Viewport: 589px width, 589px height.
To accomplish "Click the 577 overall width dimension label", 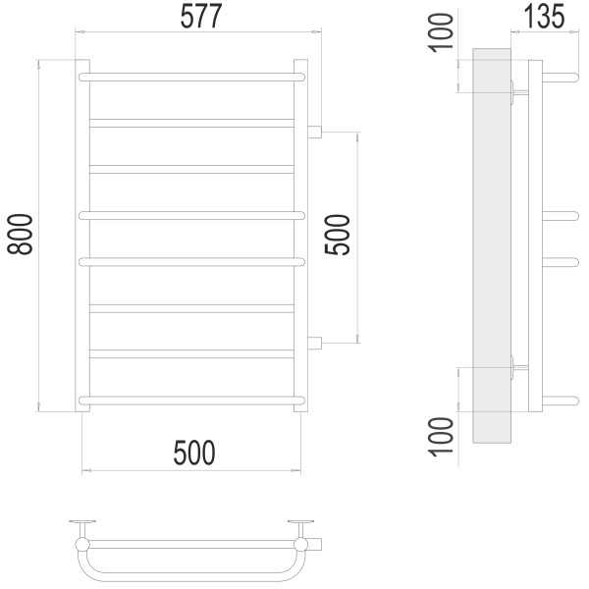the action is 201,16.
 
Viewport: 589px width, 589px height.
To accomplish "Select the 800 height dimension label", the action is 21,235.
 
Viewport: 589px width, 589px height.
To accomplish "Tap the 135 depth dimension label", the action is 544,16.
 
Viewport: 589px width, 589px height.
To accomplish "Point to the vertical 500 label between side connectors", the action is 338,235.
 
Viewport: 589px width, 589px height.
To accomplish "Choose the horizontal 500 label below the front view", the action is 194,453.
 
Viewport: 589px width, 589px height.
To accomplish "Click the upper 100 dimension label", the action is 442,33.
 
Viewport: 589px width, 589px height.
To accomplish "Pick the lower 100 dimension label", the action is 442,437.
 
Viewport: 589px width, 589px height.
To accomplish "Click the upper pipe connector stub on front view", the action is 315,132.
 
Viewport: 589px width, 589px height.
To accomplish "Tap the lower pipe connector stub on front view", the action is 315,343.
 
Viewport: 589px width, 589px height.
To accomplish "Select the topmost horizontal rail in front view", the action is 192,78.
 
